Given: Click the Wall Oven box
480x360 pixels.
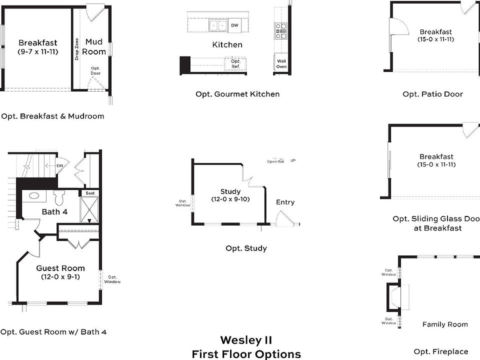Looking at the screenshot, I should coord(281,63).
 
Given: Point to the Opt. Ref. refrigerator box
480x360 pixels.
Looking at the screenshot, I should coord(236,63).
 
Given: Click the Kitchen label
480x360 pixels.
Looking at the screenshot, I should coord(227,44).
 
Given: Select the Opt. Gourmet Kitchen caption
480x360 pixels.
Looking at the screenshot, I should coord(237,94).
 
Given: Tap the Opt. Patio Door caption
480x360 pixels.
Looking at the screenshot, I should coord(432,94).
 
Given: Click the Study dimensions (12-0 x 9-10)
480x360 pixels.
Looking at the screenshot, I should coord(230,199).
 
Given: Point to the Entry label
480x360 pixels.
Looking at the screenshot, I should coord(285,202).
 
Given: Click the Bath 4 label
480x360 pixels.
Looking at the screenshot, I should coord(54,212).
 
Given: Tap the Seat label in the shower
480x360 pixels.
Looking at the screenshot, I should coord(90,193).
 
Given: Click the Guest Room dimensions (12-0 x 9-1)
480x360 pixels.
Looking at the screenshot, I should coord(60,276).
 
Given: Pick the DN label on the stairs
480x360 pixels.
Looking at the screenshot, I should coord(59,165).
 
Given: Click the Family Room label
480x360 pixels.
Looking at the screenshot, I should coord(445,324).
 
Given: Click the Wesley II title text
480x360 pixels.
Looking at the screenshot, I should coord(246,341).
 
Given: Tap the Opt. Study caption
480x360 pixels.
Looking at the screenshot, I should coord(246,248).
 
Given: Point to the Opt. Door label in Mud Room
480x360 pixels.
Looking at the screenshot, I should coord(95,70).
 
